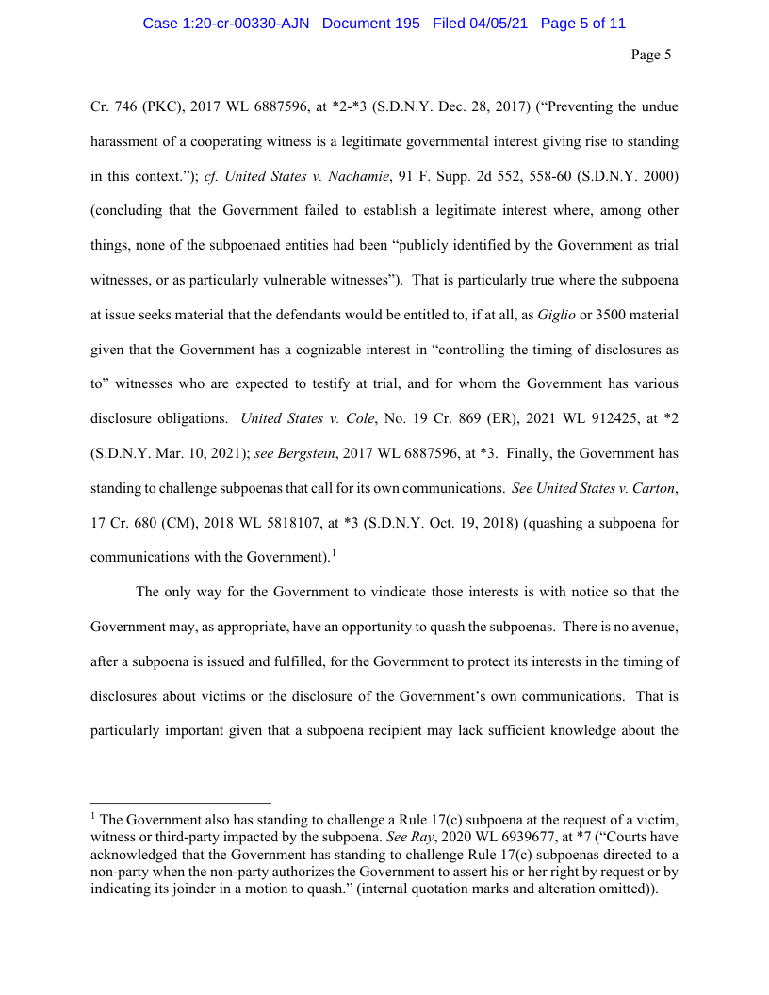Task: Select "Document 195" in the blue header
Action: (370, 24)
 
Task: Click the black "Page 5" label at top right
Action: (650, 55)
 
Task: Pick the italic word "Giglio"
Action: (557, 316)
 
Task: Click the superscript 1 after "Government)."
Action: (334, 553)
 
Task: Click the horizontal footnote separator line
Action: (180, 805)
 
